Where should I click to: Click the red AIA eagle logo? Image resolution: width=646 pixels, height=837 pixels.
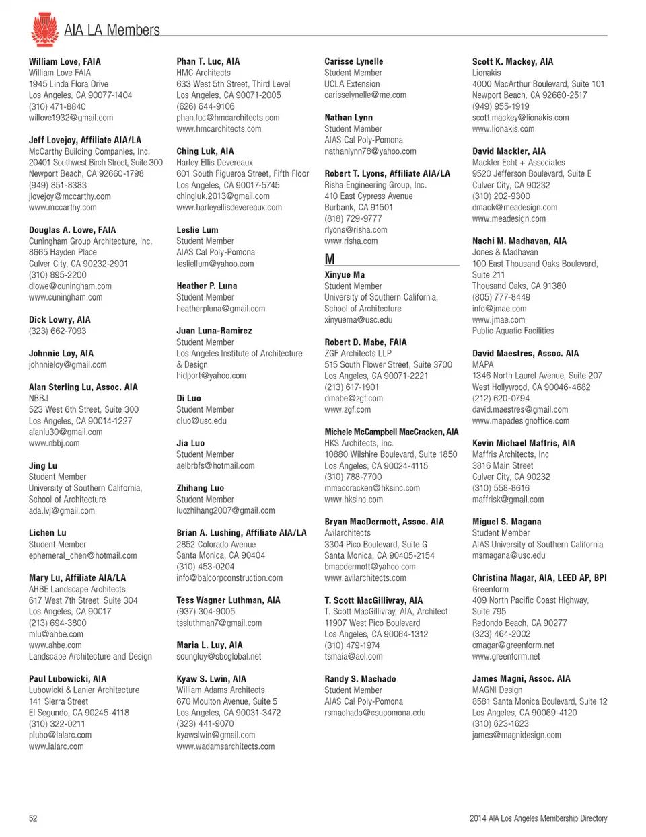(x=44, y=29)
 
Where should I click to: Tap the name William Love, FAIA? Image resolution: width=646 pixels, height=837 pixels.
(x=65, y=61)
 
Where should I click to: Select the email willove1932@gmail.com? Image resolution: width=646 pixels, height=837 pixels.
(x=71, y=118)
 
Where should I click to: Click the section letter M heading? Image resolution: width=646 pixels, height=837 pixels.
(x=330, y=259)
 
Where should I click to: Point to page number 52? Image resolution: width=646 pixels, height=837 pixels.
(x=33, y=818)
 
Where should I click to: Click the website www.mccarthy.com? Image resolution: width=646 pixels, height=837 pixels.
(x=63, y=208)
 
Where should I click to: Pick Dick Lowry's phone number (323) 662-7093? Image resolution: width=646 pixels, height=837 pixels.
(x=57, y=331)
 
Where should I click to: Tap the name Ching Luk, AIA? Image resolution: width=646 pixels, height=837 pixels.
(x=205, y=151)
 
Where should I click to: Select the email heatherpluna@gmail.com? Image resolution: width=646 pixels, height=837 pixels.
(x=221, y=309)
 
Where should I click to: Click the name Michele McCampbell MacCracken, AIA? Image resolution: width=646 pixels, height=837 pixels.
(x=392, y=432)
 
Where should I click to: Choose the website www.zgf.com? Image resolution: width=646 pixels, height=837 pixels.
(x=347, y=409)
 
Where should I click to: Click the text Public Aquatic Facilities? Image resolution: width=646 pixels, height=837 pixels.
(x=513, y=331)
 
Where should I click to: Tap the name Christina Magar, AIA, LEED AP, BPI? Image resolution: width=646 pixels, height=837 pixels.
(x=539, y=577)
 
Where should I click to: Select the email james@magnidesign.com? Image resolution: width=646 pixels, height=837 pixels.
(x=516, y=735)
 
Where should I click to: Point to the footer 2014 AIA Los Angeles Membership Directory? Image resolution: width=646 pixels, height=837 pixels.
(x=538, y=818)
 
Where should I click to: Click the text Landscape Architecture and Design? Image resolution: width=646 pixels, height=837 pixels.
(x=90, y=656)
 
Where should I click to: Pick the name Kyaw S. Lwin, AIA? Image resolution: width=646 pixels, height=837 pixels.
(x=211, y=679)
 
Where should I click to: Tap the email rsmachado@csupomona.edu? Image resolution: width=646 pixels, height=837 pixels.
(x=375, y=713)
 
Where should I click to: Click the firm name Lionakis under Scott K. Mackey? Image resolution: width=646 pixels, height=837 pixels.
(x=487, y=73)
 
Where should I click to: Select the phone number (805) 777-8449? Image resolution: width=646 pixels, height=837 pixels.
(x=501, y=297)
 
